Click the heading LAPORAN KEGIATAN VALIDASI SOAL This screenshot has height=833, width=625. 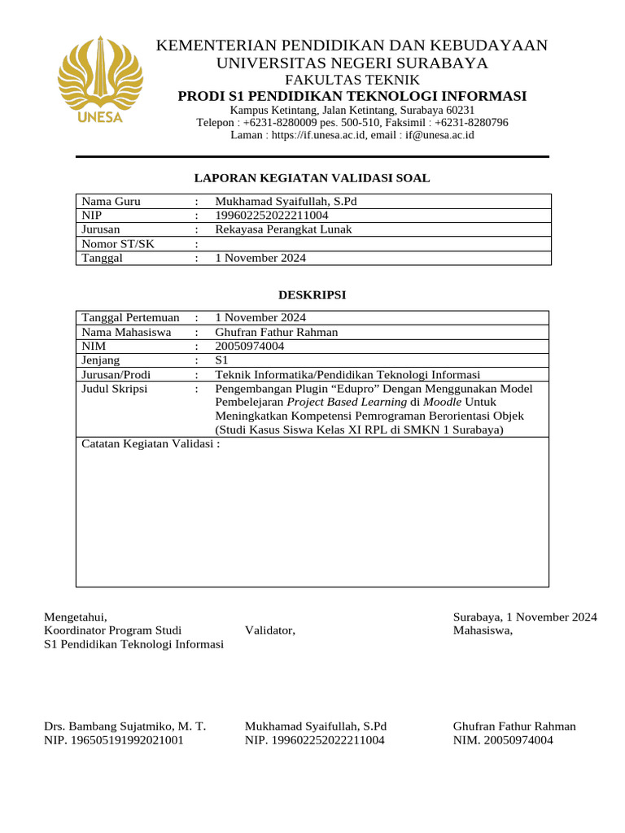coord(312,178)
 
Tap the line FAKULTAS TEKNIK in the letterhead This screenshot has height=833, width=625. coord(352,80)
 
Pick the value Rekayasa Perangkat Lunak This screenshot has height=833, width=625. coord(283,229)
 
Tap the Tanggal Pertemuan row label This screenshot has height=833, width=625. coord(130,317)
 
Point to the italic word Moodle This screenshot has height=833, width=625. coord(443,403)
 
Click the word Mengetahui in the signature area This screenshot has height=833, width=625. coord(75,617)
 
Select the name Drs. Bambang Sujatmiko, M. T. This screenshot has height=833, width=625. coord(125,726)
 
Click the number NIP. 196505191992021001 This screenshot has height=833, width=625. coord(113,740)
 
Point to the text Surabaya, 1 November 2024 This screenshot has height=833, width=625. coord(525,617)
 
